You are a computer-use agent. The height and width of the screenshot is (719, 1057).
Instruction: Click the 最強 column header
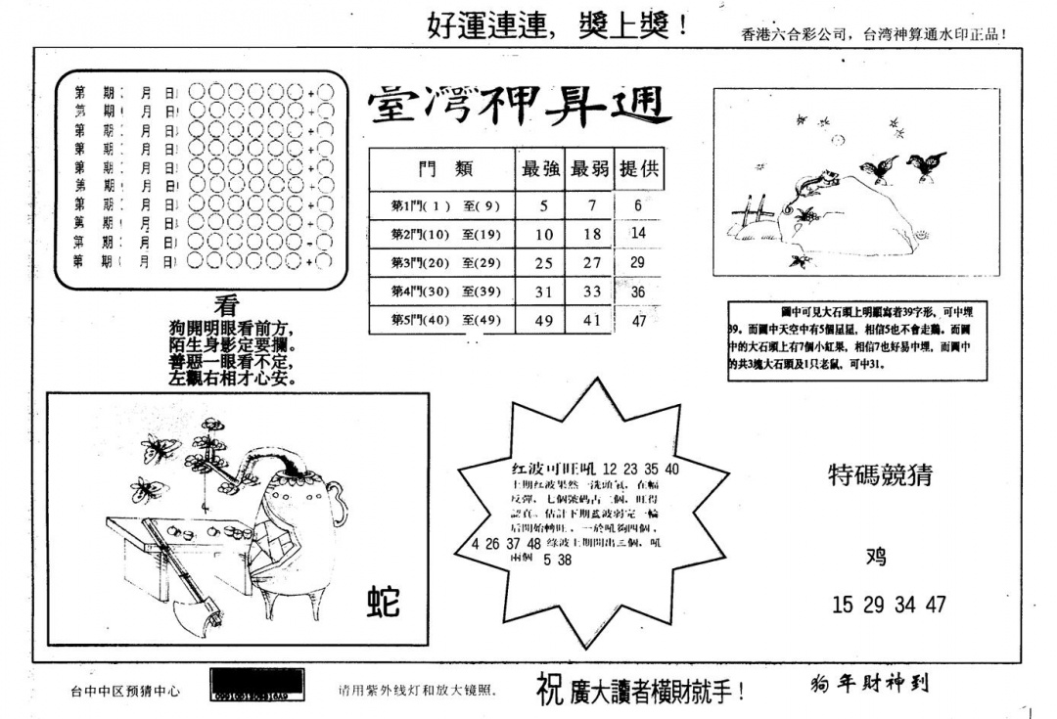(541, 169)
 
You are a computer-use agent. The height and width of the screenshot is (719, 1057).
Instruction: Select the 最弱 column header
(590, 169)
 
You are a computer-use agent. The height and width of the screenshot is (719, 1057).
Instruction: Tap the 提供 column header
(638, 169)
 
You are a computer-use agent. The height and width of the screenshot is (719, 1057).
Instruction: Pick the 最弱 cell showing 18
(591, 235)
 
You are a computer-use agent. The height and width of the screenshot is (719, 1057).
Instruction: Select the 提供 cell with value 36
(638, 291)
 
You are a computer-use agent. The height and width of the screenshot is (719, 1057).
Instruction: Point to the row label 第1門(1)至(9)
(432, 206)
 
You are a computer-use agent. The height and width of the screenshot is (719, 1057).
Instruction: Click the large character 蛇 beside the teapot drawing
(383, 601)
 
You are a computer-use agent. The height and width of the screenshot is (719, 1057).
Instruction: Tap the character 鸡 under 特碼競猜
(876, 557)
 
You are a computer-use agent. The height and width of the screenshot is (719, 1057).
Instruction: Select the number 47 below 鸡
(936, 605)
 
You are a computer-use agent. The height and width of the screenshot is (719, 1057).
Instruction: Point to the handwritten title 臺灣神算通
(519, 109)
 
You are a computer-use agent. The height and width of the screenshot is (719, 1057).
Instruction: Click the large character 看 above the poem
(226, 305)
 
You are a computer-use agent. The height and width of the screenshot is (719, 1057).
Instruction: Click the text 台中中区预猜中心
(125, 691)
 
